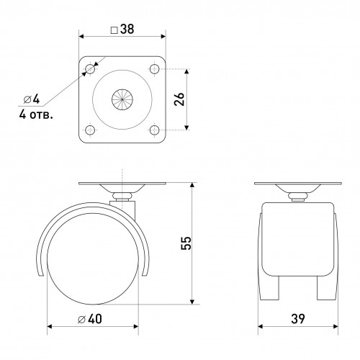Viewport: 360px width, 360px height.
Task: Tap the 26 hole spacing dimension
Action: coord(180,99)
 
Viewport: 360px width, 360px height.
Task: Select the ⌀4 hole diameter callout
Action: coord(21,99)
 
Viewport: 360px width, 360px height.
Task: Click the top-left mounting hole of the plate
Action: coord(89,68)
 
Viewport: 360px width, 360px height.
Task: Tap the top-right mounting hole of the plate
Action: coord(153,68)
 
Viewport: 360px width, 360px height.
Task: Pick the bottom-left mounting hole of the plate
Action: coord(89,130)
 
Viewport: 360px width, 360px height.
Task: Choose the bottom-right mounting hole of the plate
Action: coord(153,130)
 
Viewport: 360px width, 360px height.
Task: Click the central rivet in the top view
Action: coord(121,99)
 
